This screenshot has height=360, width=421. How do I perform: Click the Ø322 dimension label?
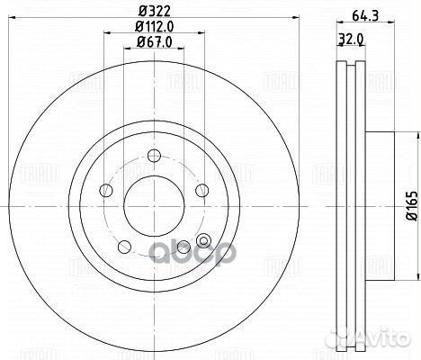coord(148,11)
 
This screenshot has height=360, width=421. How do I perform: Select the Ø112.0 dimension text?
coord(150,28)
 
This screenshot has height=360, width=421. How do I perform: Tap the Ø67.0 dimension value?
coord(150,44)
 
